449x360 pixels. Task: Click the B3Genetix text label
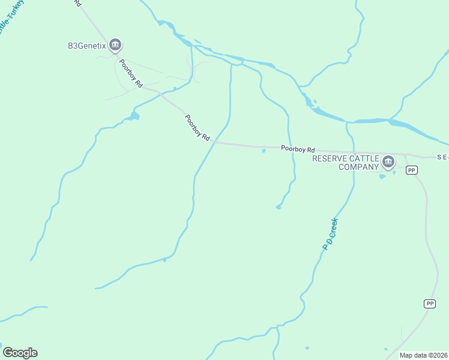click(x=86, y=45)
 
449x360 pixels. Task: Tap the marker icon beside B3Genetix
click(x=115, y=44)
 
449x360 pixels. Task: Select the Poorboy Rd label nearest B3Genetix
click(x=130, y=74)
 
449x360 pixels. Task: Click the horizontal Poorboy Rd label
click(x=298, y=148)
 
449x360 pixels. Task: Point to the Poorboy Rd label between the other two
click(x=197, y=128)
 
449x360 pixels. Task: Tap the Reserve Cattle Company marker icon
click(x=388, y=161)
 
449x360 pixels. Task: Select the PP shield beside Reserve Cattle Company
click(x=411, y=170)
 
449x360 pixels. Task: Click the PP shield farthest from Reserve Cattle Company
click(x=430, y=304)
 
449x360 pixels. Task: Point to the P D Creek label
click(x=331, y=234)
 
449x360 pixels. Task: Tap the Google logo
click(x=20, y=353)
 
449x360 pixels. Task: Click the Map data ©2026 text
click(x=423, y=355)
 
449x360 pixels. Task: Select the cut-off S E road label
click(x=443, y=157)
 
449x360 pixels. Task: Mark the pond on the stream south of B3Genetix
click(x=134, y=115)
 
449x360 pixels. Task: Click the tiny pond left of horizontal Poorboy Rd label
click(x=264, y=151)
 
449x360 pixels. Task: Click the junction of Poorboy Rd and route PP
click(x=406, y=157)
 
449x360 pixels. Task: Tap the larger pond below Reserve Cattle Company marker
click(x=382, y=176)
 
